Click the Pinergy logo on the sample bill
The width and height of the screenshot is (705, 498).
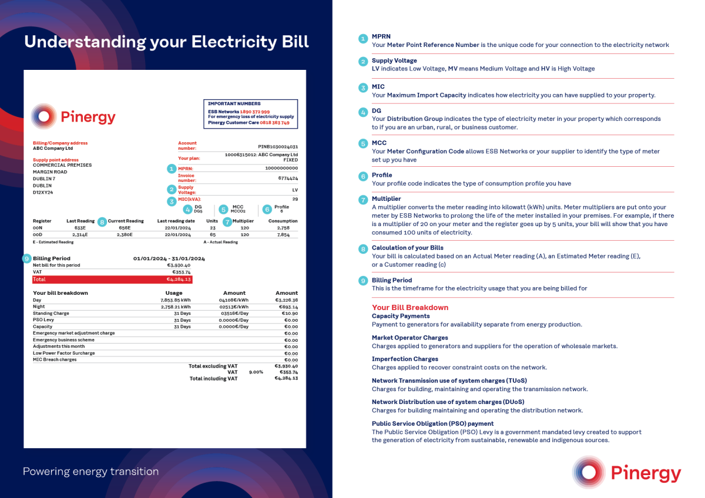tap(73, 117)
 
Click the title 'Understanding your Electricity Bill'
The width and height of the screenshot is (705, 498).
tap(166, 42)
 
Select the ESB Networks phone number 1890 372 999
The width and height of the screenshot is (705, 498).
tap(255, 112)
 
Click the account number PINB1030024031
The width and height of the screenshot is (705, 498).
tap(278, 147)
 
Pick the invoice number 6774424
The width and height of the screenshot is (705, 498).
tap(288, 178)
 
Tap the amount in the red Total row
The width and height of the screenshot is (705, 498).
tap(179, 280)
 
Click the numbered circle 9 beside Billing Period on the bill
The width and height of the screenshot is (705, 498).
tap(26, 258)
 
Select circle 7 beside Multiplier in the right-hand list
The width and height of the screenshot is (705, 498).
tap(363, 199)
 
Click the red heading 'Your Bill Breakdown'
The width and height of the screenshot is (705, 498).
tap(410, 308)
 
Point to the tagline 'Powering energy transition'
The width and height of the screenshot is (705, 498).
tap(90, 472)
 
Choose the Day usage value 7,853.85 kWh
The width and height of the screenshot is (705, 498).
tap(176, 300)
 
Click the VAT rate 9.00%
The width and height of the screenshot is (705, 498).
tap(256, 372)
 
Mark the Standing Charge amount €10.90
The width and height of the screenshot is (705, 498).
tap(290, 314)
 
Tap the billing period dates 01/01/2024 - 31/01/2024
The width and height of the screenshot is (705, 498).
tap(169, 258)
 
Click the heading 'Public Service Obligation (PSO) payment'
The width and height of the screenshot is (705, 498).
tap(432, 423)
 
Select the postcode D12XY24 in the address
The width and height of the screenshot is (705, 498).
tap(43, 192)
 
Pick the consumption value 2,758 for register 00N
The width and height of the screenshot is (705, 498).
tap(283, 227)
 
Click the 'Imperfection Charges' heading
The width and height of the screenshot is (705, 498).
tap(405, 359)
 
